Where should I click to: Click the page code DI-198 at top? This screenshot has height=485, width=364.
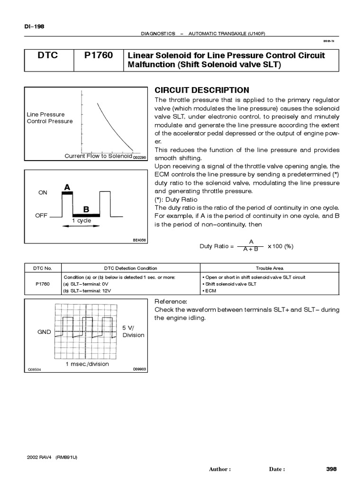34,27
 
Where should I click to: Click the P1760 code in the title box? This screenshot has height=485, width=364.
99,56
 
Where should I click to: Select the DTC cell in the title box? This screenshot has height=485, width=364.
47,56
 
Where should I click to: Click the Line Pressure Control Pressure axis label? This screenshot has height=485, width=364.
50,118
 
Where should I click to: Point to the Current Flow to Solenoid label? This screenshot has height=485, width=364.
98,156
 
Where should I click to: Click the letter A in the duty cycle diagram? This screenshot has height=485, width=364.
67,188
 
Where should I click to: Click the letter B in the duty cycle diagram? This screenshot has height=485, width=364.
86,209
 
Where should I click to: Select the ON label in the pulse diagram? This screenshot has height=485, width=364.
43,193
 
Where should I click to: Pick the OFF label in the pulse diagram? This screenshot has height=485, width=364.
42,215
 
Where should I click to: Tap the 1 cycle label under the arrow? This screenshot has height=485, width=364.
82,221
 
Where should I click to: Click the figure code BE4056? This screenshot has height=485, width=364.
139,240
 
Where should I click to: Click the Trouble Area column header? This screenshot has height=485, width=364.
270,268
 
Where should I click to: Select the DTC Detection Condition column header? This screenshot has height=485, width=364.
130,268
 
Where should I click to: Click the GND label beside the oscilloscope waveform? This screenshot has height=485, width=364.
44,332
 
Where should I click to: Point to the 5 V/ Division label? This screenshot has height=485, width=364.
133,331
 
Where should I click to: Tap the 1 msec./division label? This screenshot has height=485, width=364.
87,364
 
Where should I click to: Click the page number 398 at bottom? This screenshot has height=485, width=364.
331,469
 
